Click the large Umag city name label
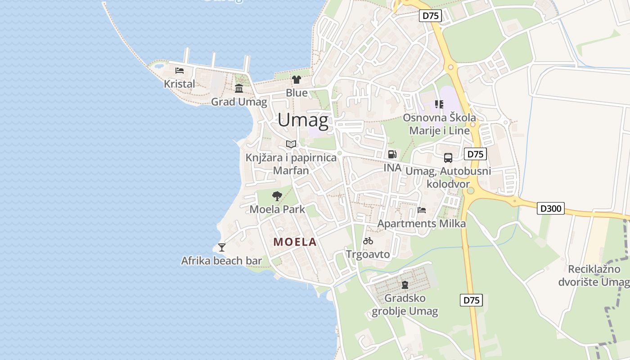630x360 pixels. tap(303, 120)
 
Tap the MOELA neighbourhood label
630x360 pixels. tap(295, 242)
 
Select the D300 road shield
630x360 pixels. tap(550, 209)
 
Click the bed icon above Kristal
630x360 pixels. tap(180, 71)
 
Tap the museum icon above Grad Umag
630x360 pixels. tap(239, 88)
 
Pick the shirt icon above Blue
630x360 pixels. tap(297, 80)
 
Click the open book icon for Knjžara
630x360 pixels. tap(291, 144)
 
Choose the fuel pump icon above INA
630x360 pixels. tap(392, 154)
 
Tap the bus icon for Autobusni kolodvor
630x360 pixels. tap(448, 157)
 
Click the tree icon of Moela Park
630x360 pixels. tap(277, 196)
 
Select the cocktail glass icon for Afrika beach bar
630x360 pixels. tap(221, 247)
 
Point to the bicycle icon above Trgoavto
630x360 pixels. tap(368, 241)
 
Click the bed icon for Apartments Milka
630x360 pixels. tap(422, 210)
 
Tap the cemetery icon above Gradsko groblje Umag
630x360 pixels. tap(405, 284)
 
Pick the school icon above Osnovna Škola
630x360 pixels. tap(439, 104)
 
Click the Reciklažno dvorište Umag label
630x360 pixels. tap(594, 275)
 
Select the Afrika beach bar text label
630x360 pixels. tap(221, 261)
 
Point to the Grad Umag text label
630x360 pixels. tap(239, 102)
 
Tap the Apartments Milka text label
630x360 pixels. tap(422, 223)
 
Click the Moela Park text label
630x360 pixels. tap(277, 209)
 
